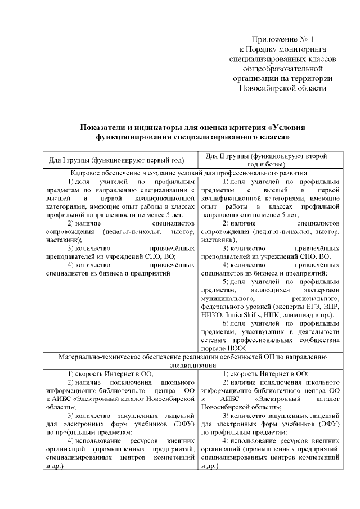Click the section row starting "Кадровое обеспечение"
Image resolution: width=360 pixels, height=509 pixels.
pyautogui.click(x=191, y=173)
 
